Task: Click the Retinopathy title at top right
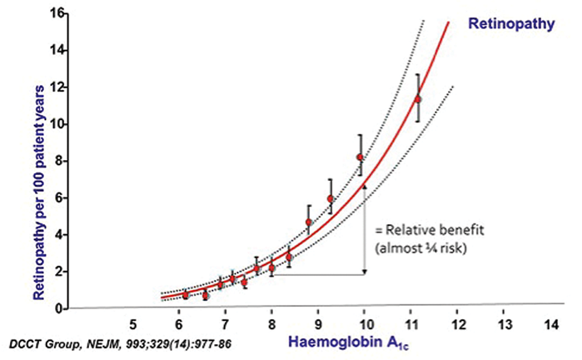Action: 511,23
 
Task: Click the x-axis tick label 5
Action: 133,323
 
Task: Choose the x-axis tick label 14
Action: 550,323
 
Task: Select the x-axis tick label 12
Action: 457,323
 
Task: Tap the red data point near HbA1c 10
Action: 360,157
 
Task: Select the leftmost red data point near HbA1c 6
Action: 185,295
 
